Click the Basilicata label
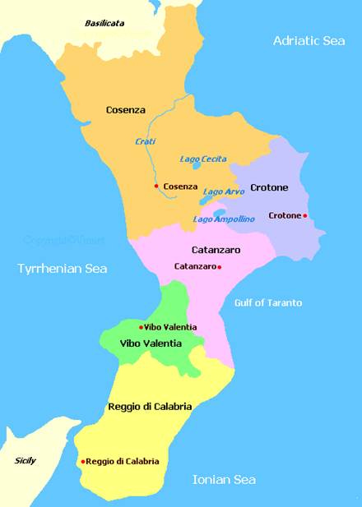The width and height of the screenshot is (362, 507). tap(104, 23)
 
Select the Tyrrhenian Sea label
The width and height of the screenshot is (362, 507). tap(63, 268)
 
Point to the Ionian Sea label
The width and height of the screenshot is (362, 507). tap(224, 479)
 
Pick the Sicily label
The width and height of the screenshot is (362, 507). tap(26, 461)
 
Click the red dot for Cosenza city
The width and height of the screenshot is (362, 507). tap(156, 186)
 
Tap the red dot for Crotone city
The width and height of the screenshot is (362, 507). tap(305, 215)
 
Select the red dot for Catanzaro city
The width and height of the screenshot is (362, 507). tap(219, 267)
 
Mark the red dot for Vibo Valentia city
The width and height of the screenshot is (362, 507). tap(141, 327)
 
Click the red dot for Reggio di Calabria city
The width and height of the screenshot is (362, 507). tap(82, 462)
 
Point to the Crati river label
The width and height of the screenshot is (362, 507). tap(145, 141)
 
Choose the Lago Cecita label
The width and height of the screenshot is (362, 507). tap(203, 159)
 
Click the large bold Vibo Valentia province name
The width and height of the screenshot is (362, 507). tap(151, 343)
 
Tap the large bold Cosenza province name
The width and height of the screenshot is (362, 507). tap(126, 109)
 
